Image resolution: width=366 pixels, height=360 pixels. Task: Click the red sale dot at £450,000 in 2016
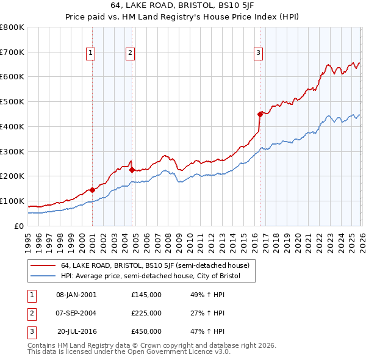coord(260,113)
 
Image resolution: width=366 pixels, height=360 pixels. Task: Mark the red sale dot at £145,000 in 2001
coord(93,189)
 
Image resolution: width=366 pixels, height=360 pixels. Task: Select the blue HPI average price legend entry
coord(150,276)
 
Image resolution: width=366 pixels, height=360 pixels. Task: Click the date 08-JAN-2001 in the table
coord(76,295)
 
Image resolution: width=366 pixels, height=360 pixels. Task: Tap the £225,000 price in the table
coord(146,313)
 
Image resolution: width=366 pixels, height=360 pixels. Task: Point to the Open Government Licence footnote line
coord(129,352)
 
